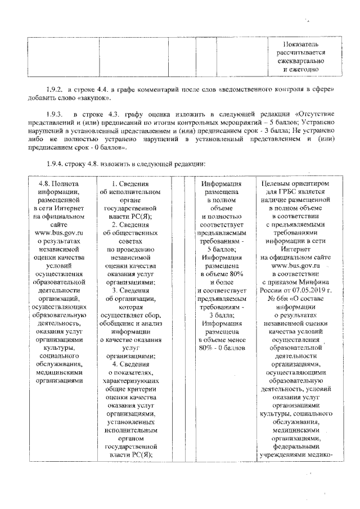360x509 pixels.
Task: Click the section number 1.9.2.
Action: coord(55,89)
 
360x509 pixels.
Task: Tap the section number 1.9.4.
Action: coord(55,164)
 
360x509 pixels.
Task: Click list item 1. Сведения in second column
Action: coord(130,183)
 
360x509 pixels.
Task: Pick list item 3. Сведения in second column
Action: coord(130,291)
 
